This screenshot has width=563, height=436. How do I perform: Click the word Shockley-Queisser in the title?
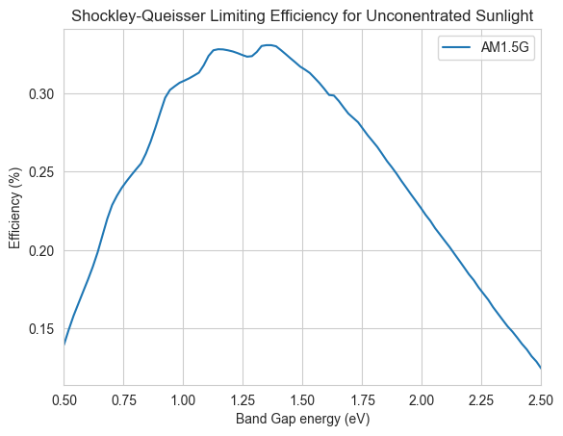[139, 16]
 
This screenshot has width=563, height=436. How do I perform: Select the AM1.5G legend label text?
[505, 47]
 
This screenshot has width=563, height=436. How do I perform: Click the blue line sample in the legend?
[456, 47]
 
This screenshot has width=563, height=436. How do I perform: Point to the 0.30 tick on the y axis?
[41, 94]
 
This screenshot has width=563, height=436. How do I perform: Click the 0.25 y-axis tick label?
[41, 172]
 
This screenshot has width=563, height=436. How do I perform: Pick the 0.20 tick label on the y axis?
[41, 250]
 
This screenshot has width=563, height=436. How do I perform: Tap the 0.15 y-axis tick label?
[41, 328]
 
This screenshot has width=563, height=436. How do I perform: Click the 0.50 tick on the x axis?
[64, 400]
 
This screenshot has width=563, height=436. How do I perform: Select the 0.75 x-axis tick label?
[124, 400]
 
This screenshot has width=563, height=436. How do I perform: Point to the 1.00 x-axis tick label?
[184, 400]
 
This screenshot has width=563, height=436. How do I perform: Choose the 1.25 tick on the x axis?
[243, 400]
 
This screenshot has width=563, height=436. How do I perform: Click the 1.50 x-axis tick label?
[303, 400]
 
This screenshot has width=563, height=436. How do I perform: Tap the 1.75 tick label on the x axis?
[362, 400]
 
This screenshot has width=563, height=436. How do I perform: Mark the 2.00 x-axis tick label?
[422, 400]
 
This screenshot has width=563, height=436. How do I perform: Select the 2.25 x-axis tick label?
[481, 400]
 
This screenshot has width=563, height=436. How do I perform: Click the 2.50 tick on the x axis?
[541, 400]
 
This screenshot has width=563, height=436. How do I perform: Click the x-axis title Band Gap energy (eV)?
[303, 419]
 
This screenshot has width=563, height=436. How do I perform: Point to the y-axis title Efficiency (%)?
[15, 208]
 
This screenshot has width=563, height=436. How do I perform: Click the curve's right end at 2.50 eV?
[541, 368]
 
